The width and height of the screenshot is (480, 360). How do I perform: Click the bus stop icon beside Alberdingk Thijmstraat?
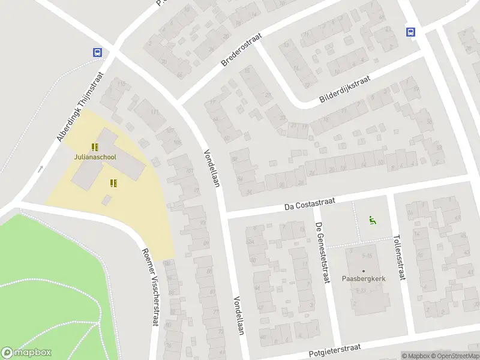point(97,52)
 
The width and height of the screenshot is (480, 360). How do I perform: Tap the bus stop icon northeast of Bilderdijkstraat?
point(411,32)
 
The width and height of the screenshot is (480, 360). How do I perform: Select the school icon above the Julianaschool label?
point(94,146)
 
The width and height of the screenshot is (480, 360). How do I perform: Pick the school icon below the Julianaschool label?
point(113,183)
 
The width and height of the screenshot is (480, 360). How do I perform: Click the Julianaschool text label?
point(95,157)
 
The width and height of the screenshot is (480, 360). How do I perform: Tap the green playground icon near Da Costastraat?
point(373,220)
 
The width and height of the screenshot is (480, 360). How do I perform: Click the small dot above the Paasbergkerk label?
point(363,271)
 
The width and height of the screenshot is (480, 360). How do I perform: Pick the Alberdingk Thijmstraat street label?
point(81,106)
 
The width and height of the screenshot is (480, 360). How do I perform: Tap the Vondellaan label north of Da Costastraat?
point(212,168)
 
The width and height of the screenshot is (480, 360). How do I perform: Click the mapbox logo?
point(26,353)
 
